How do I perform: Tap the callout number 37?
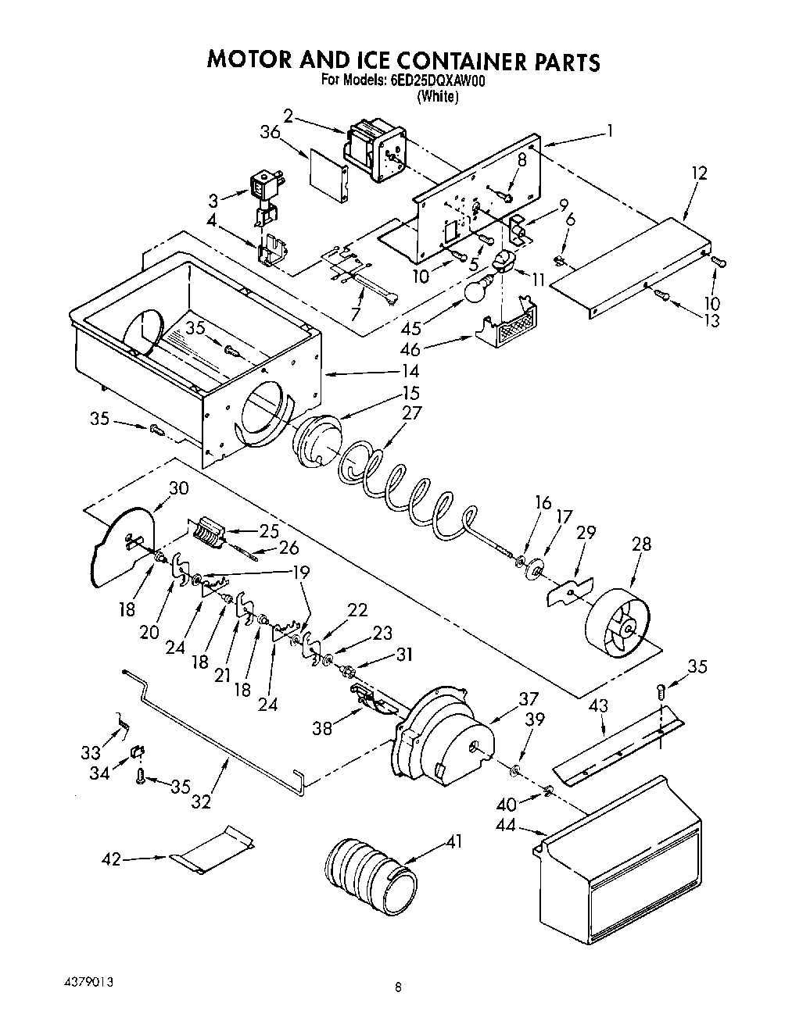529,698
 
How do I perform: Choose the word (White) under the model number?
437,97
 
